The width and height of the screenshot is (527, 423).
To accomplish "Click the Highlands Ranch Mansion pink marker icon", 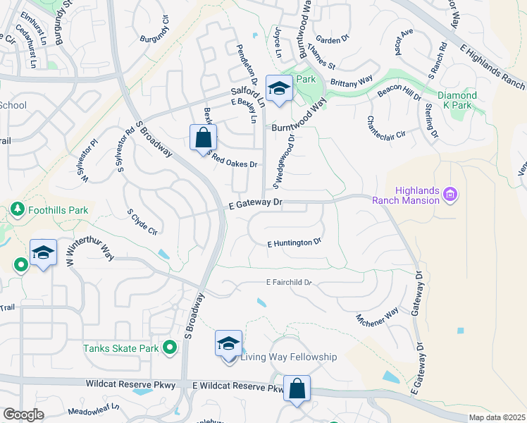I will tap(452, 194).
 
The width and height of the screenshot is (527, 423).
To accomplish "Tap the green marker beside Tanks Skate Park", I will tap(169, 348).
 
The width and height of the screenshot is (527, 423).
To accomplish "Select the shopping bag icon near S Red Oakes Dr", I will tap(203, 137).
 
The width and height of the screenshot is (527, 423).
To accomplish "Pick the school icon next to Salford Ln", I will tap(279, 89).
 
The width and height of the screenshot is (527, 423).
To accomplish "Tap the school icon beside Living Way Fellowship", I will tap(229, 344).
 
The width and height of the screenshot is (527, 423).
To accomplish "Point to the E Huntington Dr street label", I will tap(294, 243).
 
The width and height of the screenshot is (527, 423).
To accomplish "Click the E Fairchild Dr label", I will tap(289, 283).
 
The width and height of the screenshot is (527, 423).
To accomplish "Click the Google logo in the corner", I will tap(23, 414).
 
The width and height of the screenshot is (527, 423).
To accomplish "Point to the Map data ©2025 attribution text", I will tap(497, 417).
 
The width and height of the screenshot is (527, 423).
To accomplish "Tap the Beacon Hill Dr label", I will tap(399, 91).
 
